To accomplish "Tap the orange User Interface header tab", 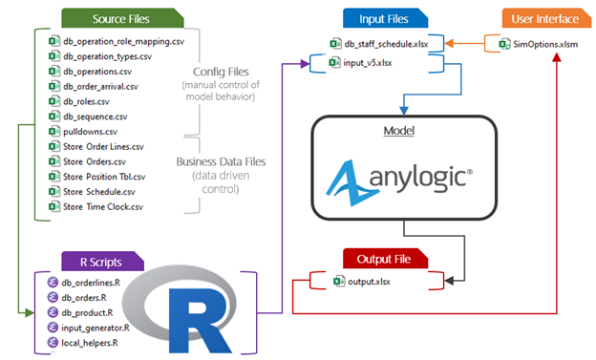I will [518, 19].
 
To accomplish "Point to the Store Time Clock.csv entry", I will [104, 206].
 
